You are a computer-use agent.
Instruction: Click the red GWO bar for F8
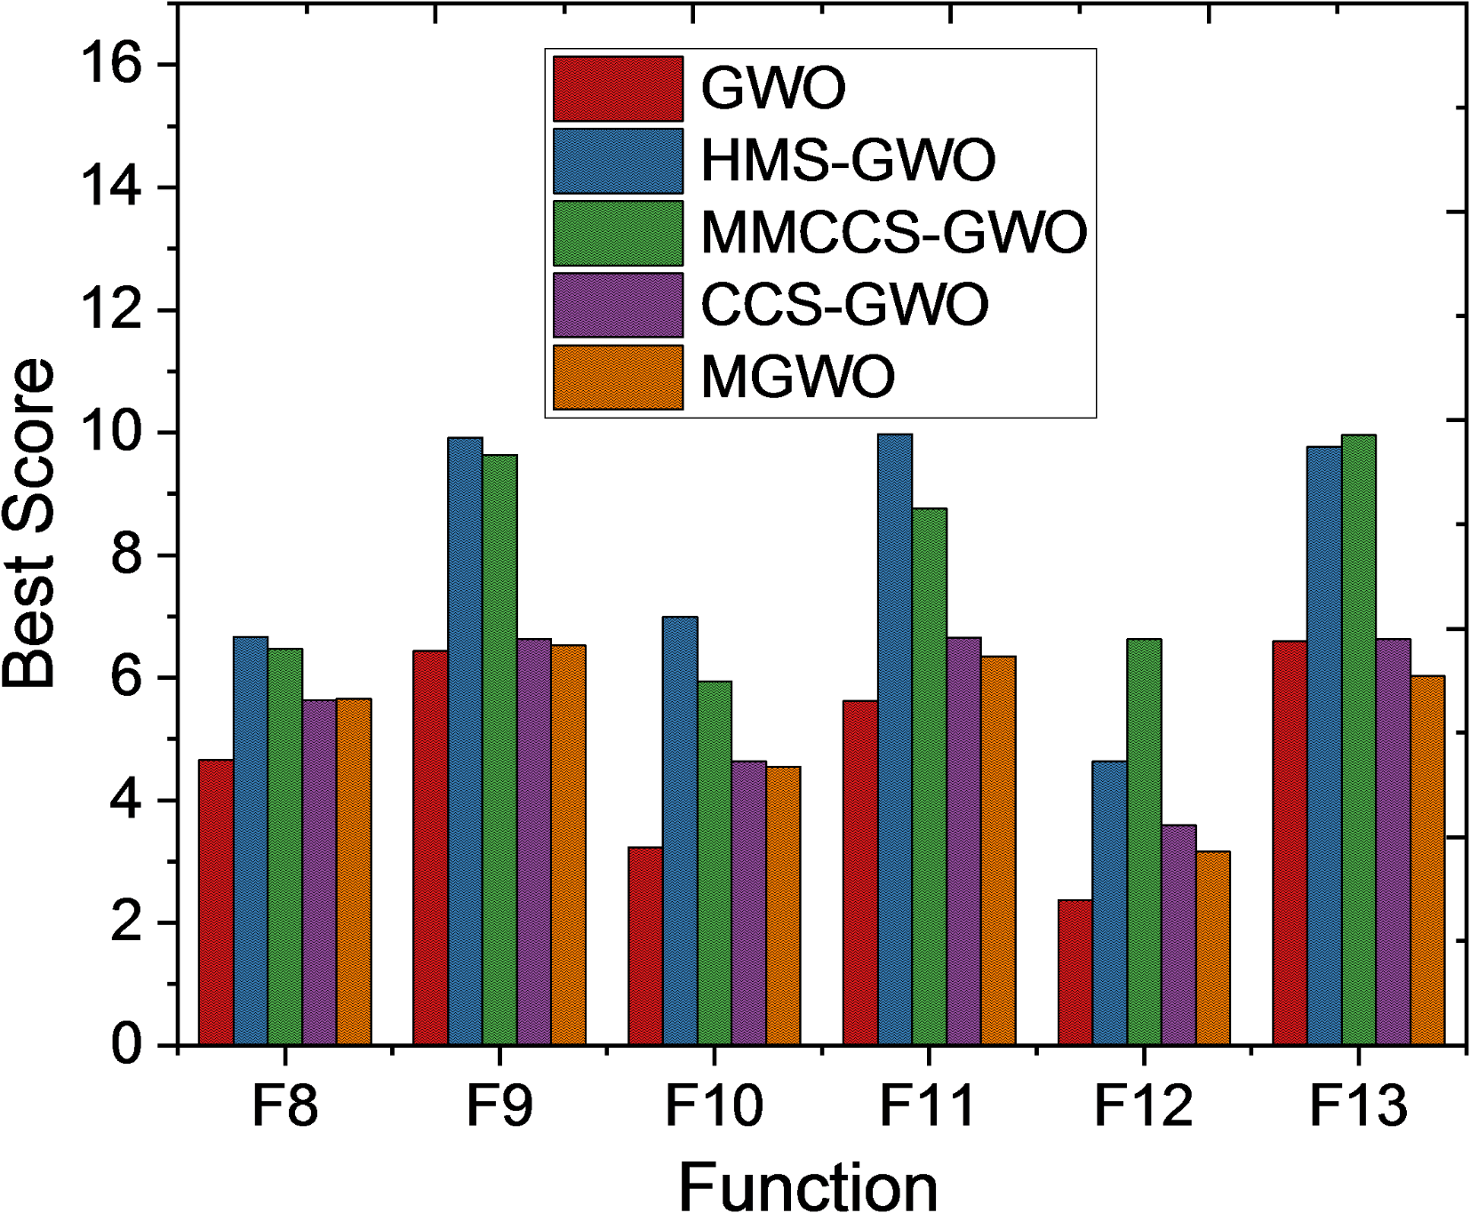point(216,902)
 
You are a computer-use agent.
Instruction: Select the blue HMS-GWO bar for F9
point(465,741)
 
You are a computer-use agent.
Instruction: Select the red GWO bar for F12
point(1075,972)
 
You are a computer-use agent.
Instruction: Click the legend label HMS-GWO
point(848,161)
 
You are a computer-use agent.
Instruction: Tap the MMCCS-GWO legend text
point(894,233)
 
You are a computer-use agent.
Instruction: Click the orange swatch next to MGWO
point(618,378)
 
